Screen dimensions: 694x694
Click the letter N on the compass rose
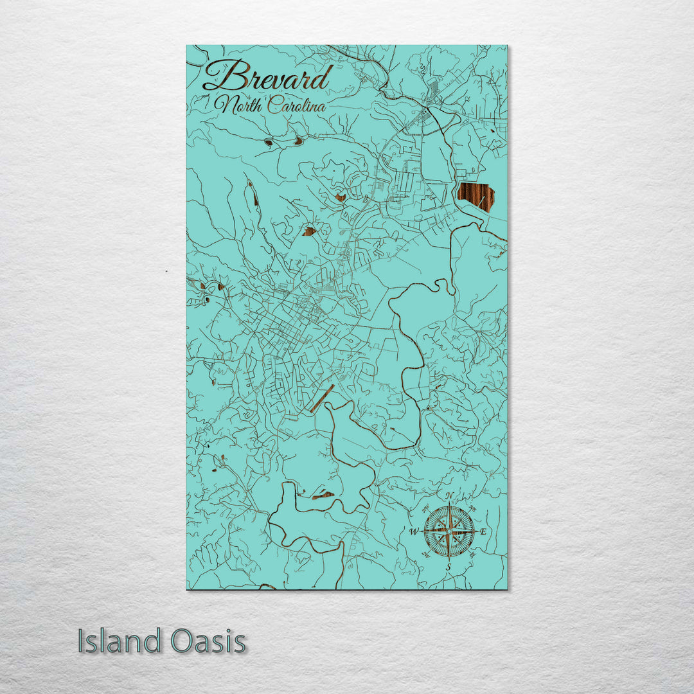coord(450,495)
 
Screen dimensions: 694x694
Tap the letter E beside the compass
coord(484,531)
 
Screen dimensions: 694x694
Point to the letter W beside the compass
coord(414,531)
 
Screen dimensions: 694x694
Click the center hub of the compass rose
coord(449,531)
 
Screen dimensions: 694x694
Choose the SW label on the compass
coord(425,556)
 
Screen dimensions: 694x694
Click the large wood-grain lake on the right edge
coord(476,197)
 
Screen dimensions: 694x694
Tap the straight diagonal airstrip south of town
coord(321,398)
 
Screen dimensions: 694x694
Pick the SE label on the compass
coord(474,555)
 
